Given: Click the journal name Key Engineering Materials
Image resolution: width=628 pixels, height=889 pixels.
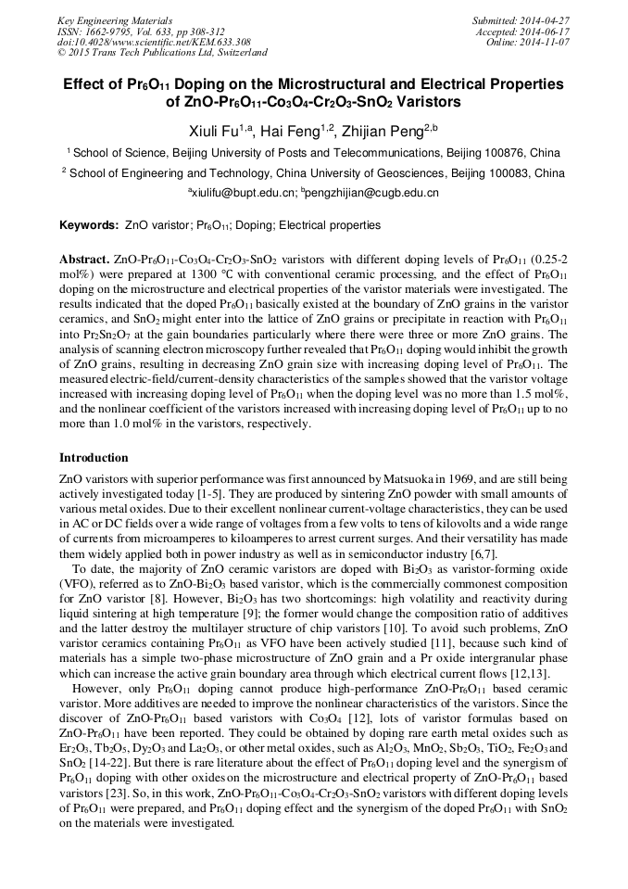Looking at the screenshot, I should (x=115, y=20).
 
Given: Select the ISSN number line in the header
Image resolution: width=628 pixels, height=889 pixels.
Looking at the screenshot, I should (x=140, y=32).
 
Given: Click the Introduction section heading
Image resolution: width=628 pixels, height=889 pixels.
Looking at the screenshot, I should (x=94, y=458).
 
